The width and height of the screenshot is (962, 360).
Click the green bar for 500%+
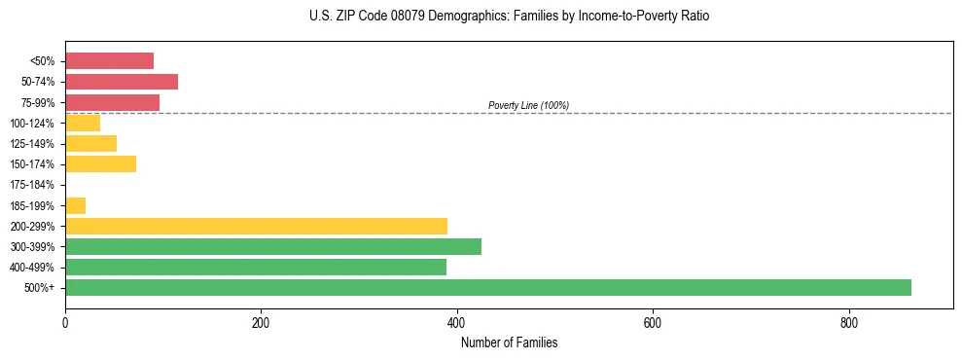(487, 287)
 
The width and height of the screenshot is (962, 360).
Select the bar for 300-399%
(273, 246)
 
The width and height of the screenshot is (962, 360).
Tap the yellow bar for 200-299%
(256, 226)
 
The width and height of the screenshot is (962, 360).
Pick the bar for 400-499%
(256, 267)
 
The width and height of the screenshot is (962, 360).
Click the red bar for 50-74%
(122, 82)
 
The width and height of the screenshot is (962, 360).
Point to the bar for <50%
(109, 61)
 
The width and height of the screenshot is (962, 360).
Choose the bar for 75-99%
(112, 102)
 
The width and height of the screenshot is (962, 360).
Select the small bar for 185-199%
(75, 205)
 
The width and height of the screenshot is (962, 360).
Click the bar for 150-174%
(100, 164)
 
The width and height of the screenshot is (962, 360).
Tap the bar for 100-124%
(83, 123)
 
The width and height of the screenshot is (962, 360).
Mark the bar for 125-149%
(90, 144)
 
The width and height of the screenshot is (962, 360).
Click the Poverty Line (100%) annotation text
(528, 105)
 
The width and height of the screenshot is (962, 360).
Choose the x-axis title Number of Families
(509, 342)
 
